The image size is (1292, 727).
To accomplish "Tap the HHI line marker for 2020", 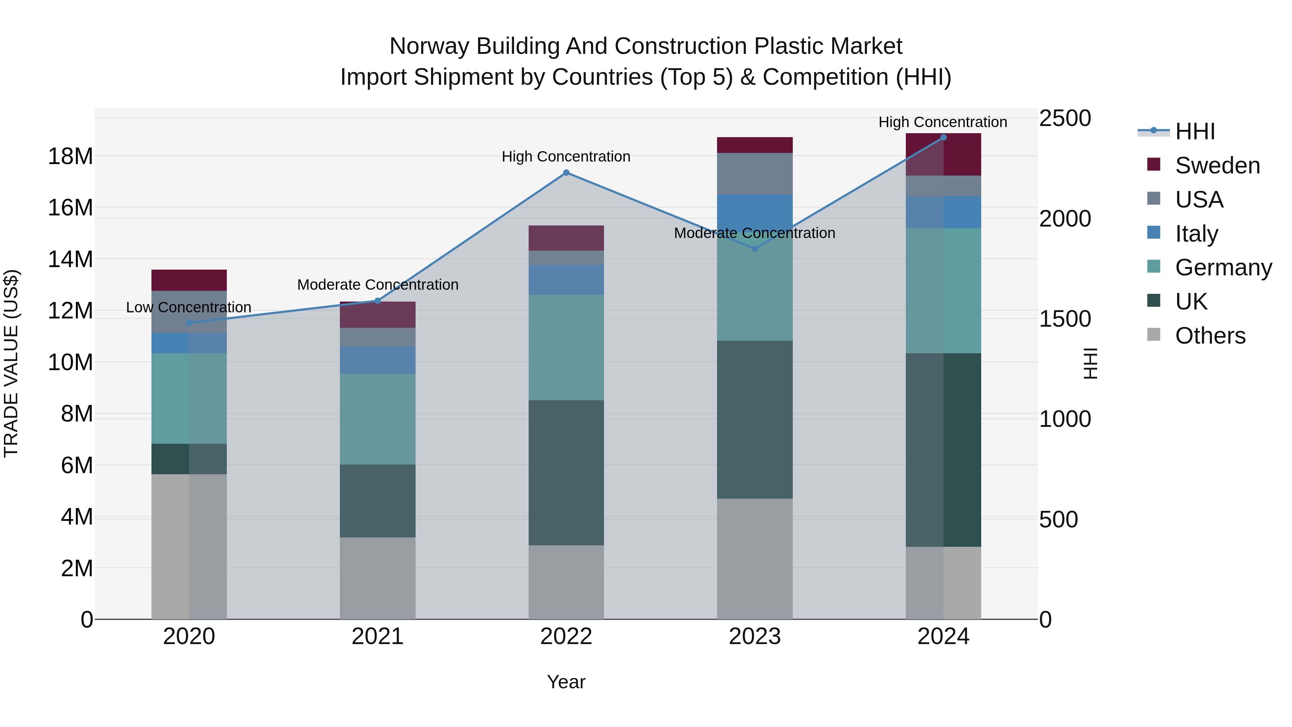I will pos(189,323).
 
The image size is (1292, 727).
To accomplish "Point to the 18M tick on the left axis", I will pos(70,157).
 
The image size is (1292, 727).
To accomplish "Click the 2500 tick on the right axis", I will pos(1064,119).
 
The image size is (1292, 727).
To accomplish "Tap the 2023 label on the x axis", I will pos(754,637).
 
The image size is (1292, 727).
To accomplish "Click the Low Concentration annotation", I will pos(188,307).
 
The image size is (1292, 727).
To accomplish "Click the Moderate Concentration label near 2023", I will pos(754,233).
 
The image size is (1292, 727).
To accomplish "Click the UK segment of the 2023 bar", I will pos(754,419).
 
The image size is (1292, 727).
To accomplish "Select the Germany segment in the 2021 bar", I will pos(377,419).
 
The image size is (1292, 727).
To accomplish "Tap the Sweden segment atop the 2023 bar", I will pos(754,145).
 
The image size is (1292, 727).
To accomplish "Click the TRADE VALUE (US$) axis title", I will pos(11,363).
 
